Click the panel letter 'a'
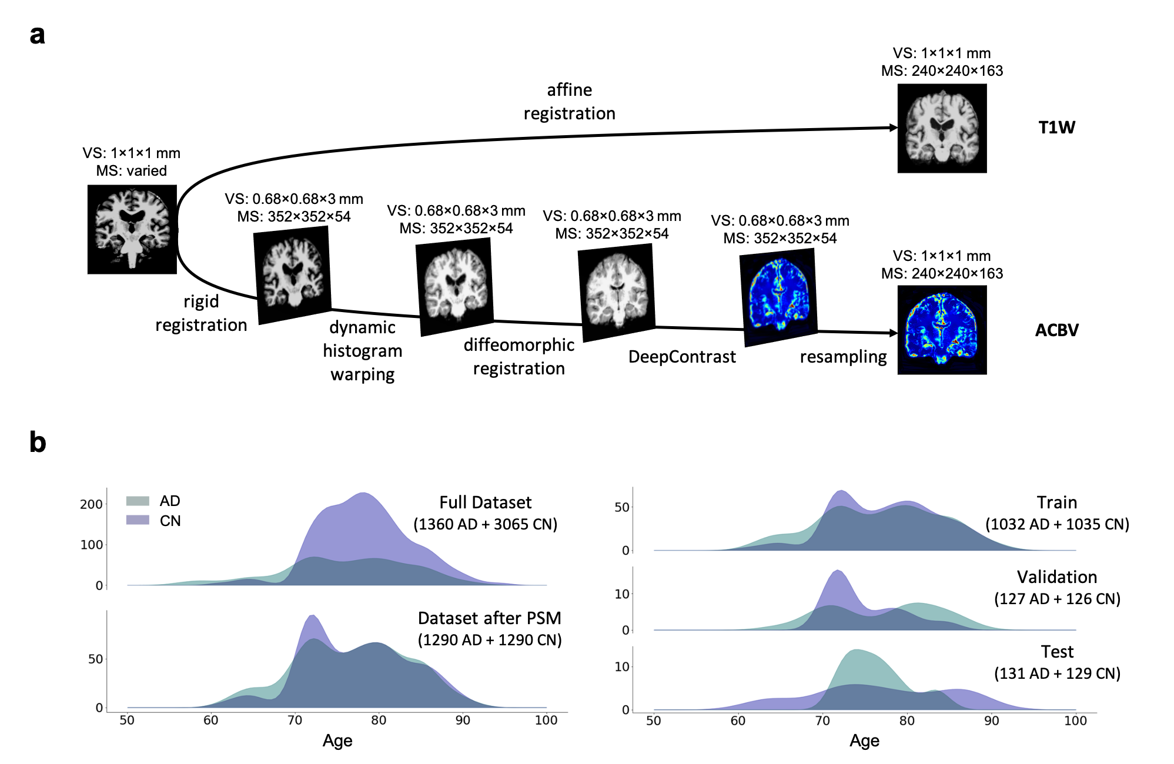coord(37,35)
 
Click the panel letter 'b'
coord(38,442)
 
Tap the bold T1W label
coord(1056,128)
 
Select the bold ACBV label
coord(1056,330)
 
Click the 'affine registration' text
coord(569,102)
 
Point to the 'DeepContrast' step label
coord(681,357)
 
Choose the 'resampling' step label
coord(843,357)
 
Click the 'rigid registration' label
coord(201,313)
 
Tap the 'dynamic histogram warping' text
coord(362,351)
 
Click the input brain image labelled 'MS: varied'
coord(132,229)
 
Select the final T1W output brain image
coord(942,128)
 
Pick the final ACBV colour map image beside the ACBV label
coord(942,330)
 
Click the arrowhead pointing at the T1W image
coord(893,128)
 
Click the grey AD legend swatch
coord(138,501)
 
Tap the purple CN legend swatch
coord(138,520)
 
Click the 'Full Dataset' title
coord(485,502)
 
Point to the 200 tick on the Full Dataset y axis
coord(91,504)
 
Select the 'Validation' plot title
coord(1056,577)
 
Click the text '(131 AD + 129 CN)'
coord(1057,673)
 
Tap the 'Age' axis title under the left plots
coord(337,741)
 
